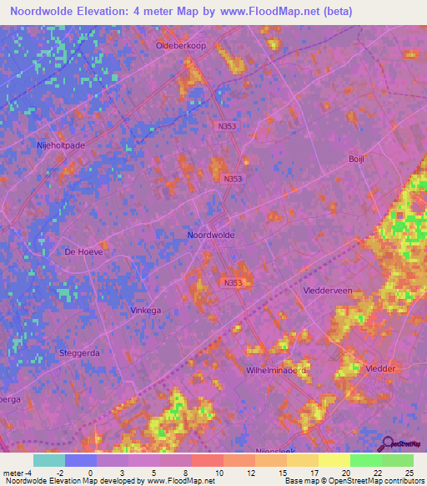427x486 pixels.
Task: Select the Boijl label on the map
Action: point(357,158)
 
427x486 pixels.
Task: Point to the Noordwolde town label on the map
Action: point(211,235)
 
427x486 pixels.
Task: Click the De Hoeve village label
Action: point(83,251)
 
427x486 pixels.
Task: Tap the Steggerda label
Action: point(80,353)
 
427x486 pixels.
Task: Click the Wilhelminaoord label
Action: point(277,369)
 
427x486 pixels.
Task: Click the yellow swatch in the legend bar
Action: point(334,460)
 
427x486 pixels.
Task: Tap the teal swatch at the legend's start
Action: point(49,460)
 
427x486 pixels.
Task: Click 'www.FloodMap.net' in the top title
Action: point(269,12)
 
